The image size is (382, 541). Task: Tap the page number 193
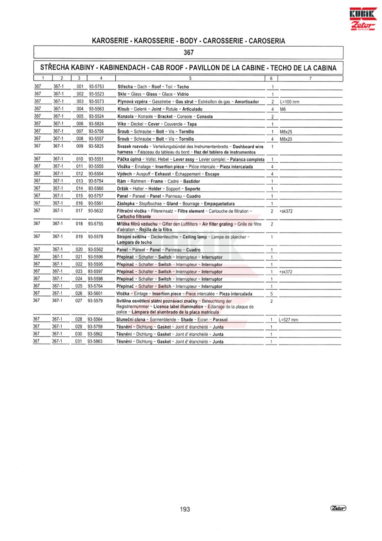pyautogui.click(x=185, y=509)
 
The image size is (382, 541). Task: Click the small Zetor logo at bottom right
pyautogui.click(x=338, y=509)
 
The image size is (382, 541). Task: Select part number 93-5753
pyautogui.click(x=96, y=87)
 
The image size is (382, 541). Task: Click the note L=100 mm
pyautogui.click(x=289, y=102)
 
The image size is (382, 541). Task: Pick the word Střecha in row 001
pyautogui.click(x=125, y=87)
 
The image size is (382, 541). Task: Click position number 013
pyautogui.click(x=79, y=181)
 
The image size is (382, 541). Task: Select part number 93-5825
pyautogui.click(x=96, y=147)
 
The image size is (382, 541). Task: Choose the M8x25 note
pyautogui.click(x=286, y=131)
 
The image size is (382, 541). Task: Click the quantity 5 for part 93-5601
pyautogui.click(x=272, y=294)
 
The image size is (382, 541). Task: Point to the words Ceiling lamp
pyautogui.click(x=195, y=237)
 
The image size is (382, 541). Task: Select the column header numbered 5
pyautogui.click(x=190, y=79)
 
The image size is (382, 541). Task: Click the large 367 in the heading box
pyautogui.click(x=188, y=52)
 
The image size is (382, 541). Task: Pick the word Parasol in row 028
pyautogui.click(x=220, y=320)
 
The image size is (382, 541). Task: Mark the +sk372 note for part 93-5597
pyautogui.click(x=286, y=272)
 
